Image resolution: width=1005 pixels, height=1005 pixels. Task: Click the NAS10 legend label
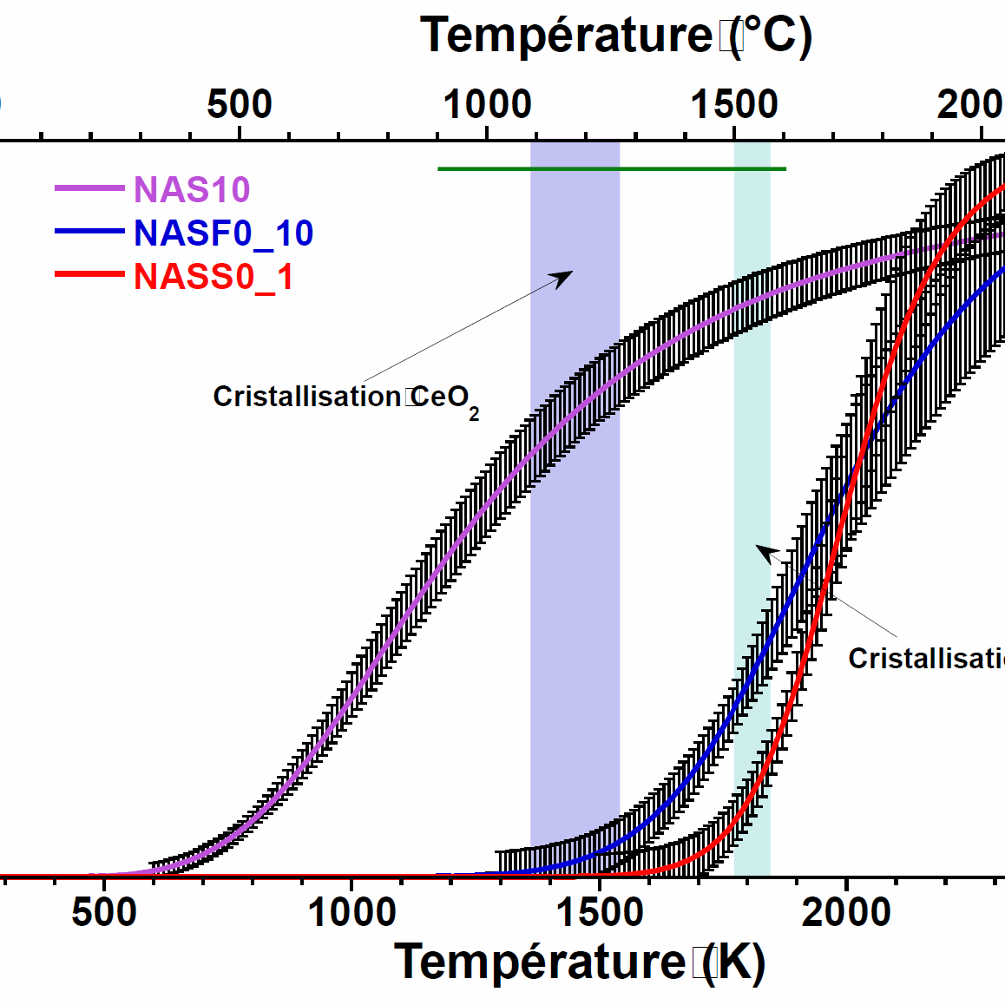pos(192,189)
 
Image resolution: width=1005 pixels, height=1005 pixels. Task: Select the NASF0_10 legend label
pos(223,233)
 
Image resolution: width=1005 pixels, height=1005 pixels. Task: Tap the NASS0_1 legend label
pos(213,277)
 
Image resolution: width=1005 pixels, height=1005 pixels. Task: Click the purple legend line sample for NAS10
pos(89,188)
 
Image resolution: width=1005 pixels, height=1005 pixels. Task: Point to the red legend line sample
pos(89,275)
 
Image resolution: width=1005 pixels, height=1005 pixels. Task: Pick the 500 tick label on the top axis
pos(240,104)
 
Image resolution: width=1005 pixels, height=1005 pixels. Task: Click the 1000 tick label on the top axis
pos(487,104)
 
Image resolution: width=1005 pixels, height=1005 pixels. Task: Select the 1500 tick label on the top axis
pos(734,104)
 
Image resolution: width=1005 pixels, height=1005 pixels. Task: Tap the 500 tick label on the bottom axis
pos(104,912)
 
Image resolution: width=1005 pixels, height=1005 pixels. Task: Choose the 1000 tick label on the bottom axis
pos(351,912)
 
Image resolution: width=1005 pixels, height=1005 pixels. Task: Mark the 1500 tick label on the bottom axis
pos(600,912)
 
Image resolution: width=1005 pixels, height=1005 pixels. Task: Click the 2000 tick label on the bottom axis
pos(846,912)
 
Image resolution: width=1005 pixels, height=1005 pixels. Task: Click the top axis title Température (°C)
pos(616,36)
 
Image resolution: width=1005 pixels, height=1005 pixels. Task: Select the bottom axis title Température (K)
pos(580,962)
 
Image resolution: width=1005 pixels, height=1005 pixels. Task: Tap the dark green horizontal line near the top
pos(612,168)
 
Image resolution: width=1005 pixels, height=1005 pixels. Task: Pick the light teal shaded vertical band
pos(752,434)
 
